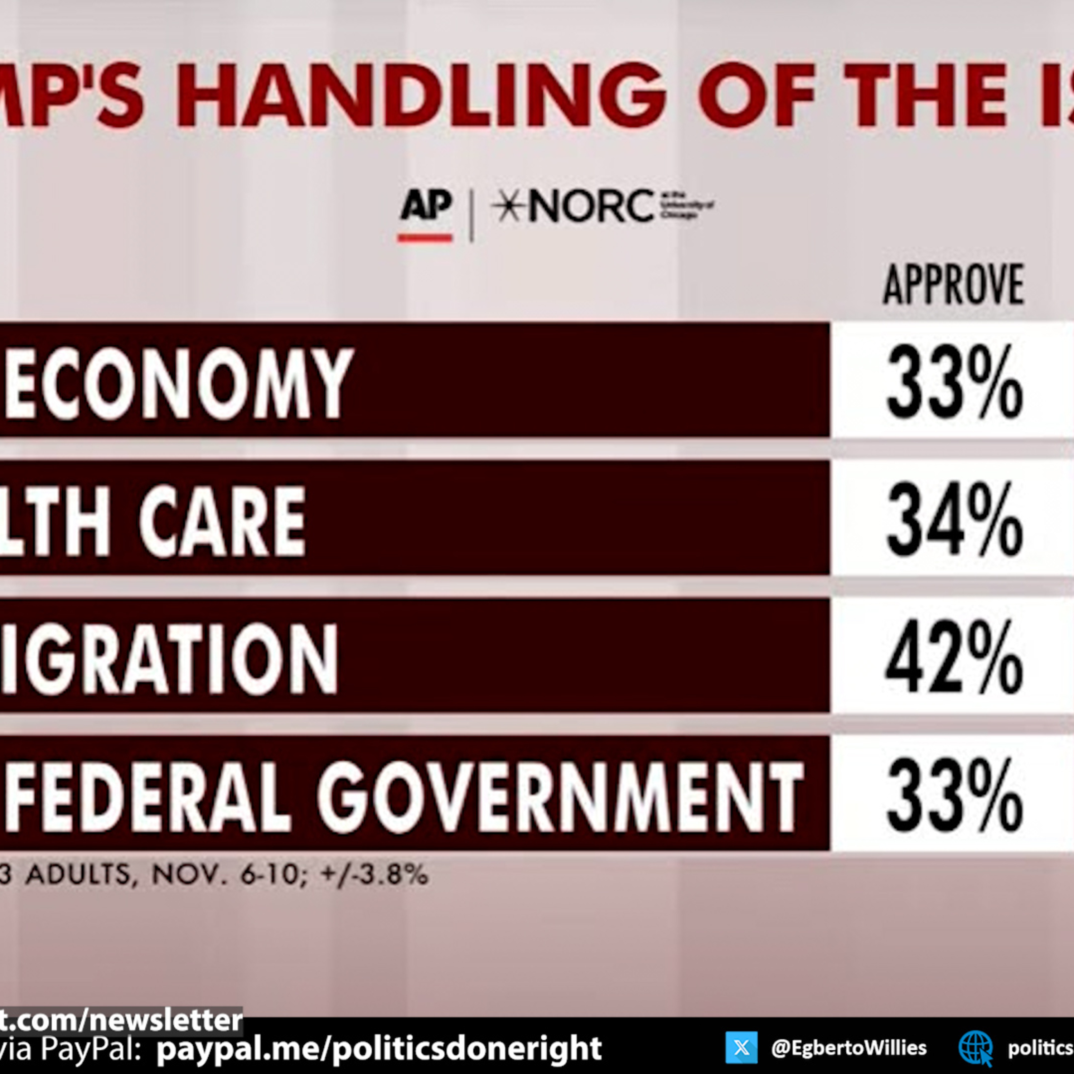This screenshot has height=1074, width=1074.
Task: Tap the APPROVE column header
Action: [953, 285]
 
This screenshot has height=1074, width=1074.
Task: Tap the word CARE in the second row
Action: [222, 521]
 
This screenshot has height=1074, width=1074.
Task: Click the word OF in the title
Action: [756, 95]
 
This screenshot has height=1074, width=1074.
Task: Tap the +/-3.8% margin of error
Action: [373, 875]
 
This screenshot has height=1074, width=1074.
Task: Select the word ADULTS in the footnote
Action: [78, 875]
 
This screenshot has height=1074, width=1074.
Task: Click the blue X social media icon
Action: [741, 1047]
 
